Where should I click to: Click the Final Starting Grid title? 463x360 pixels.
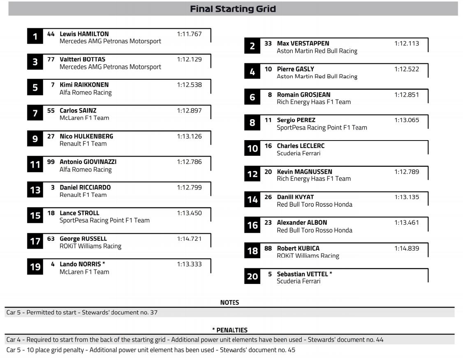click(233, 9)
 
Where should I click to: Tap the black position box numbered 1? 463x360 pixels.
click(35, 36)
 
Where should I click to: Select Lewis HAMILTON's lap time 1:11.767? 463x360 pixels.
click(189, 34)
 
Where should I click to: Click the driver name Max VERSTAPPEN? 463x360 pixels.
click(303, 43)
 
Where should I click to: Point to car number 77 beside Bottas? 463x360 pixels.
click(51, 59)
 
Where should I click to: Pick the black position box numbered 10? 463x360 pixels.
click(252, 148)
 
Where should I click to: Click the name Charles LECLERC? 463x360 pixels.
click(301, 146)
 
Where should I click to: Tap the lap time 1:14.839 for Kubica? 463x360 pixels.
click(406, 248)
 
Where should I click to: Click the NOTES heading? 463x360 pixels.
click(229, 302)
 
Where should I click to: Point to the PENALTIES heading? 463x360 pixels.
click(230, 330)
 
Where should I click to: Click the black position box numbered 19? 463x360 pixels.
click(35, 267)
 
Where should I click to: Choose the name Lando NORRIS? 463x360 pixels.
click(80, 264)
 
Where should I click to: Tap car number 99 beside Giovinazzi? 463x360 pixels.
click(51, 162)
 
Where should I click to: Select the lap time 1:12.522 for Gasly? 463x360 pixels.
click(406, 69)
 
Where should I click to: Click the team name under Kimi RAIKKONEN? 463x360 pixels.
click(86, 92)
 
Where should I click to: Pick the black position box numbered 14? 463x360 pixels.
click(252, 200)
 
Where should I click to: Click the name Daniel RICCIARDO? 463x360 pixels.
click(85, 187)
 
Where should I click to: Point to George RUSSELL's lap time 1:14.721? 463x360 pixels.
click(189, 239)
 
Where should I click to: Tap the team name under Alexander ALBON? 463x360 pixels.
click(314, 230)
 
